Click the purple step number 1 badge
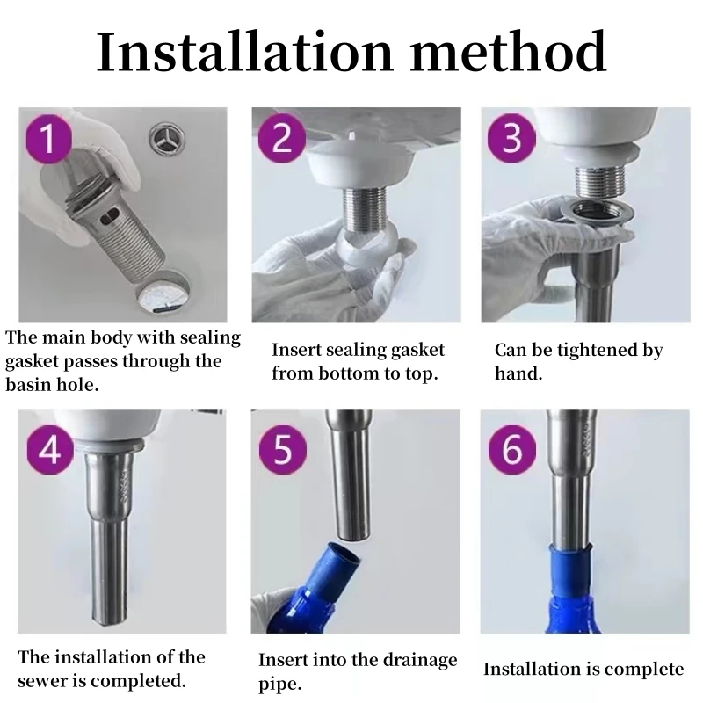coord(49,138)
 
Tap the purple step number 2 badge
coord(281,138)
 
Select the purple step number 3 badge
coord(511,138)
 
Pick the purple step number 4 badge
coord(49,450)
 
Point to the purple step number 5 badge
coord(282,450)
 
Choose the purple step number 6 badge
coord(512,450)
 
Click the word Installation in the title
coord(245,52)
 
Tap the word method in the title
coord(508,52)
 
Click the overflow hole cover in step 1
coord(167,138)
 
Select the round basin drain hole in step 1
coord(163,292)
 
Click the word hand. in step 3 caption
coord(518,373)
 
